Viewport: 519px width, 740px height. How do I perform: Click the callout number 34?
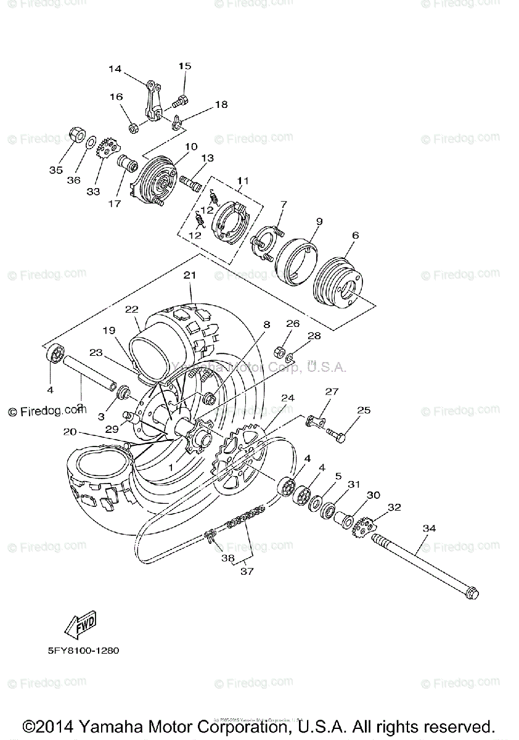point(429,528)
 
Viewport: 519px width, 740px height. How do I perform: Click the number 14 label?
point(115,69)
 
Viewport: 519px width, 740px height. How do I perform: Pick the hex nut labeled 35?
point(76,135)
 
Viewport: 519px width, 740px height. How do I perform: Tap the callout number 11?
point(242,181)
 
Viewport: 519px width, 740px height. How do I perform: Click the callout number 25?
point(364,410)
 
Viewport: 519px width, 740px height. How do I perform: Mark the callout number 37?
point(247,571)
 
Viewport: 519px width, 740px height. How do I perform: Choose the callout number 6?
point(355,234)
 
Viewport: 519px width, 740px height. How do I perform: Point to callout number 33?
point(93,191)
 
